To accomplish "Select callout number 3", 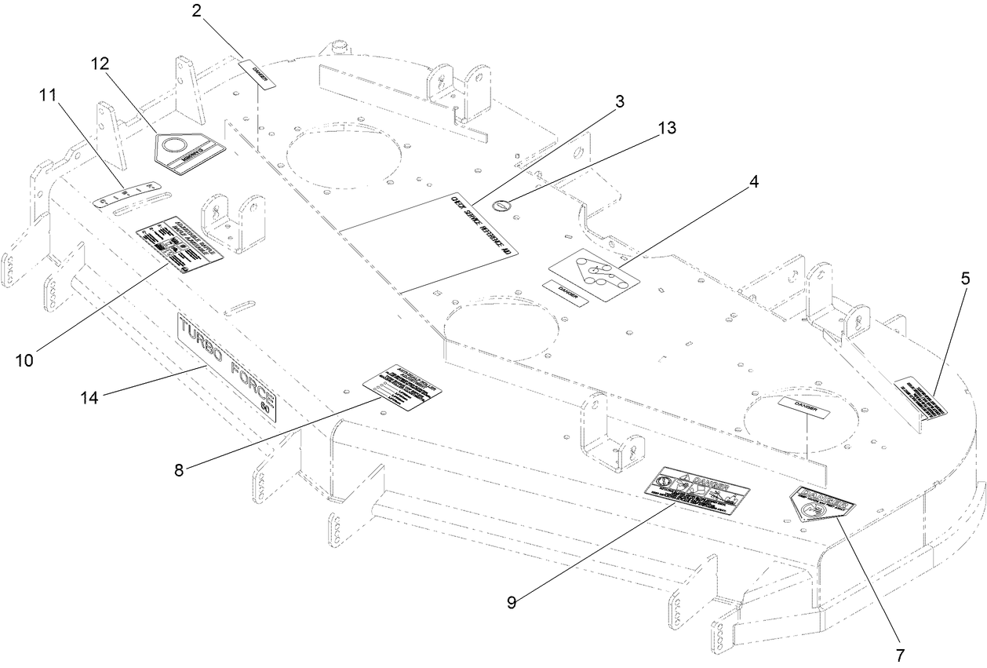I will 620,103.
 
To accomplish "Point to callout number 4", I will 753,181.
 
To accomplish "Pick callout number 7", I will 900,654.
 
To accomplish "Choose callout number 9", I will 512,603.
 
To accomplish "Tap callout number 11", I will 47,97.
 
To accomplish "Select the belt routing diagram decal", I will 592,275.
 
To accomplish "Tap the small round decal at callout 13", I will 501,205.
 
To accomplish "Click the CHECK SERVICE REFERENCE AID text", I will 480,225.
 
